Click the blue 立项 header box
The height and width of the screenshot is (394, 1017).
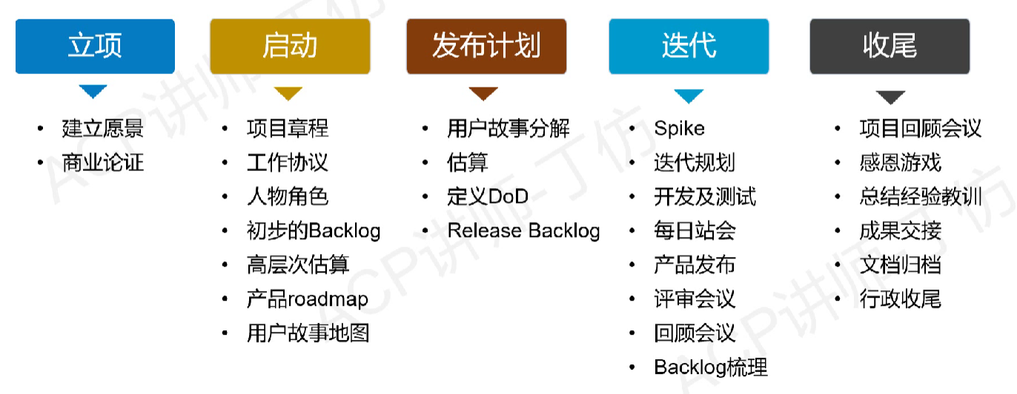tap(95, 46)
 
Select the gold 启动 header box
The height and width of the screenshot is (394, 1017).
tap(290, 46)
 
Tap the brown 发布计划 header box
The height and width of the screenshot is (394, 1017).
tap(486, 46)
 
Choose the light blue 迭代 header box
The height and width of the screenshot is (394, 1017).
tap(689, 46)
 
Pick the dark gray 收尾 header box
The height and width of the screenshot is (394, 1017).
tap(890, 46)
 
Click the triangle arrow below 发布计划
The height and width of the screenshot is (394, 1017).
tap(483, 94)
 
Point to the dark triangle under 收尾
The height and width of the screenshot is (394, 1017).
tap(890, 97)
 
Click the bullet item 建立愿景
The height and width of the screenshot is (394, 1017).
tap(102, 128)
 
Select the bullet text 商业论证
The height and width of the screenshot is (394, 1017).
tap(102, 162)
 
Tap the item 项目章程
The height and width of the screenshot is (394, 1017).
tap(287, 128)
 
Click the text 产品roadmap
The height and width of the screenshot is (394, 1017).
tap(307, 299)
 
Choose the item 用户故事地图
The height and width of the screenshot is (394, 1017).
tap(308, 333)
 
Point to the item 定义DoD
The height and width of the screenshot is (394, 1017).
tap(488, 196)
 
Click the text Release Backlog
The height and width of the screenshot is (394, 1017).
tap(523, 230)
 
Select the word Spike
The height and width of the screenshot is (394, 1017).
tap(679, 128)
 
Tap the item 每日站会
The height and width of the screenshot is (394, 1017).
tap(695, 230)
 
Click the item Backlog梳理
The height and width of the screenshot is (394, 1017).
tap(711, 367)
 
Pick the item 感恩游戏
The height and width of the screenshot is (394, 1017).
tap(900, 162)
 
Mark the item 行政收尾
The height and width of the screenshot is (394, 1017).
tap(900, 299)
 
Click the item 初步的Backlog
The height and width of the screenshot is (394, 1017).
tap(314, 230)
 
